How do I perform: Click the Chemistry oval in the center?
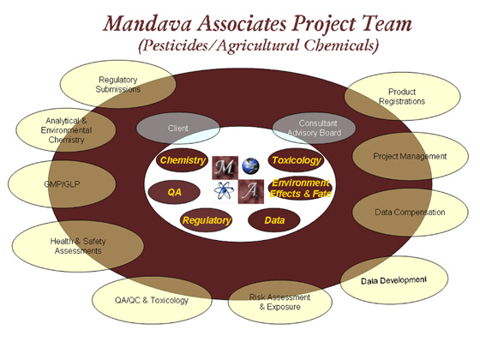tap(182, 160)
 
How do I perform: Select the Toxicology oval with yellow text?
tap(296, 160)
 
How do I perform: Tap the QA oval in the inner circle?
tap(174, 192)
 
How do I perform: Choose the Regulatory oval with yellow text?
tap(207, 220)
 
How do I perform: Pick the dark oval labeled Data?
tap(274, 220)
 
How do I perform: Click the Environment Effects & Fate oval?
tap(301, 188)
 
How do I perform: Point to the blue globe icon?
tap(250, 165)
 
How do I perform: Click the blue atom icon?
tap(224, 191)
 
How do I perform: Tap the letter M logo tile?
tap(225, 168)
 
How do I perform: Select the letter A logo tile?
tap(251, 192)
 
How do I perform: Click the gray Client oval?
tap(178, 129)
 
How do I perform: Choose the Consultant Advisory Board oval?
tap(314, 129)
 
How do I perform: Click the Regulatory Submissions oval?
tap(118, 84)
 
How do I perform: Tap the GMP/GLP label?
tap(62, 184)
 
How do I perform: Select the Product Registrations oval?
tap(402, 96)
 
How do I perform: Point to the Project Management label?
tap(410, 156)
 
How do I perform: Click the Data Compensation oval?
tap(411, 213)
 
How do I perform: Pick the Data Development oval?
tap(394, 280)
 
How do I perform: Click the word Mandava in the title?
tap(147, 24)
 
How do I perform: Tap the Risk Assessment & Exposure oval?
tap(279, 302)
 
